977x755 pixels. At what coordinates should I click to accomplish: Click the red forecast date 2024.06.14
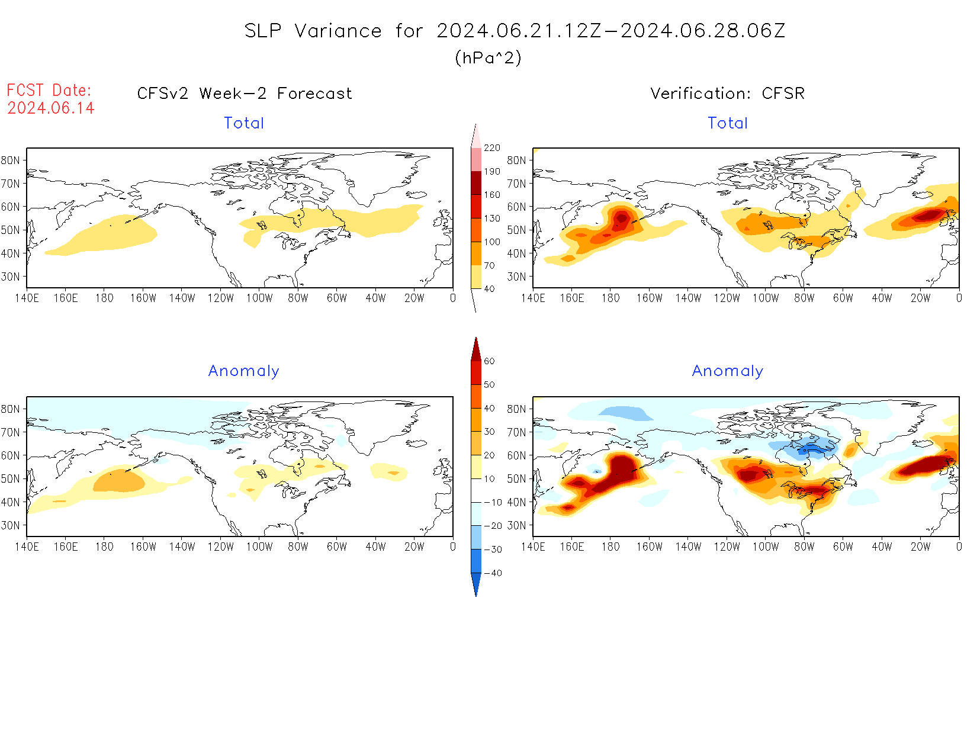click(x=51, y=108)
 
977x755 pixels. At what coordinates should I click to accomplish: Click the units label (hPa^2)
click(x=488, y=57)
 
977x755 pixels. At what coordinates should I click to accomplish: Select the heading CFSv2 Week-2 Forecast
click(x=245, y=94)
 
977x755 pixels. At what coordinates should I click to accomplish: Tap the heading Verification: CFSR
click(x=727, y=94)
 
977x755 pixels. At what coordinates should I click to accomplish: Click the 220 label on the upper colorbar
click(x=492, y=148)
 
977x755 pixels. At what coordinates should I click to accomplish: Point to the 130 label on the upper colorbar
click(x=492, y=219)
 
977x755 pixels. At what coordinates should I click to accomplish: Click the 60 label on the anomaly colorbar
click(x=489, y=361)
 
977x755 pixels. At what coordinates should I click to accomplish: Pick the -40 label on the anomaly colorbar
click(x=493, y=573)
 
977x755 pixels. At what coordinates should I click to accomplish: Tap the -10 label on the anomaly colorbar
click(x=493, y=502)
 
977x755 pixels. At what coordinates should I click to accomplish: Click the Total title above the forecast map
click(x=244, y=123)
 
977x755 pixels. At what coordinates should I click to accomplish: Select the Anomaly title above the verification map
click(x=728, y=371)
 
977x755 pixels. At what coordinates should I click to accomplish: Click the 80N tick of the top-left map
click(x=11, y=160)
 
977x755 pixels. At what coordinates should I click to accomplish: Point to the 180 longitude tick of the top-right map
click(x=610, y=298)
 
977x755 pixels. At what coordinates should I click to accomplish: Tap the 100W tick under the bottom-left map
click(x=259, y=547)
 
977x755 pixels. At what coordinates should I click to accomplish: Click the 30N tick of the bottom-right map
click(x=516, y=525)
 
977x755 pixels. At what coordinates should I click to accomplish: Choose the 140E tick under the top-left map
click(x=27, y=298)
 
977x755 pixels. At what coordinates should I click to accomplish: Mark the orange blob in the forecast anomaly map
click(x=118, y=481)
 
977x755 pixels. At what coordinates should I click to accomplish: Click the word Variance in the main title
click(x=338, y=31)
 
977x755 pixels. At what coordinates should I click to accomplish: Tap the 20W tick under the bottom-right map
click(x=920, y=547)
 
